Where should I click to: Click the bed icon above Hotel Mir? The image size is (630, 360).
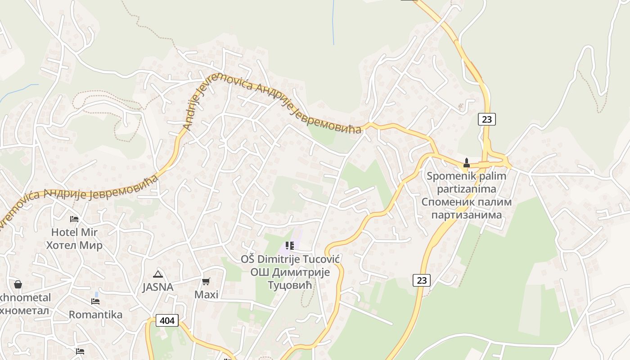click(74, 219)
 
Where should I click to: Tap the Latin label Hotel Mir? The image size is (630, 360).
click(74, 232)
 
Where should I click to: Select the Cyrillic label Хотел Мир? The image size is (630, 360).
click(74, 245)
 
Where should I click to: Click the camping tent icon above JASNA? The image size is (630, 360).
click(157, 274)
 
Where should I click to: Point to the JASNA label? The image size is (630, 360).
click(157, 287)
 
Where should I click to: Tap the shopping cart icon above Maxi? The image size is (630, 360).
click(206, 282)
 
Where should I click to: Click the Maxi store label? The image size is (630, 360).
click(206, 295)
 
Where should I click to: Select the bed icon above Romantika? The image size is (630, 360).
click(95, 301)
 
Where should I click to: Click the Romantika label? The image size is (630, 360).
click(95, 315)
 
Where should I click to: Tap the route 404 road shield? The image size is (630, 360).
click(167, 320)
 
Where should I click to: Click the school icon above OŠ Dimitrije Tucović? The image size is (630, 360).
click(290, 246)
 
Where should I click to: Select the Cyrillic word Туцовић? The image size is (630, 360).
click(290, 285)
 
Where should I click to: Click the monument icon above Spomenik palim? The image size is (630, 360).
click(467, 163)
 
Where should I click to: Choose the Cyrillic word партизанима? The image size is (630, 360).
click(467, 215)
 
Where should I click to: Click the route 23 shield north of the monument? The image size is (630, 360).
click(486, 119)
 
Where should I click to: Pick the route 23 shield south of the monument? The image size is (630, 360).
click(421, 280)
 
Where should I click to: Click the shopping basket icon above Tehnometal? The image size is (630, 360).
click(18, 284)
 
